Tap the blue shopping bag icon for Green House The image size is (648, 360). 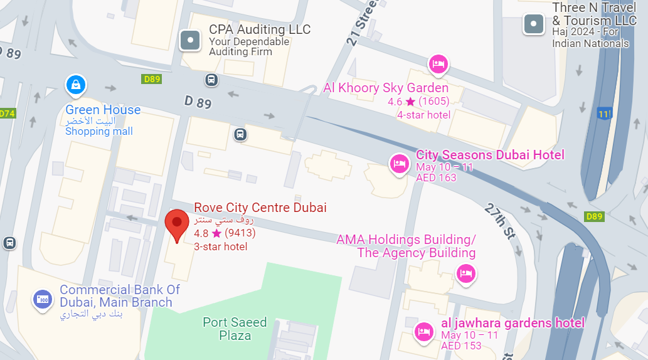[x=75, y=84]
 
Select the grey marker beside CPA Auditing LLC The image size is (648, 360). [x=190, y=41]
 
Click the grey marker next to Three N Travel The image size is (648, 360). [x=533, y=24]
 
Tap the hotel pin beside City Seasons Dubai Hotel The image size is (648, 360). [x=399, y=164]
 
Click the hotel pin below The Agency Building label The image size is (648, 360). [x=465, y=273]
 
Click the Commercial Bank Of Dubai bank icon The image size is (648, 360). [x=43, y=299]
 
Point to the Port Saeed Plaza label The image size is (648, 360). [x=235, y=329]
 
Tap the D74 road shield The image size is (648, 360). [x=7, y=114]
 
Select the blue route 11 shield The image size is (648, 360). [x=603, y=114]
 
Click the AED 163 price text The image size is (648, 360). [x=436, y=177]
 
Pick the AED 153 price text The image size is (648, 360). [x=461, y=346]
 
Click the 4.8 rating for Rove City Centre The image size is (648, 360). [x=201, y=233]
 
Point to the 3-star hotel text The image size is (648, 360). [x=221, y=246]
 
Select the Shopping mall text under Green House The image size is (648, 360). [x=99, y=131]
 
